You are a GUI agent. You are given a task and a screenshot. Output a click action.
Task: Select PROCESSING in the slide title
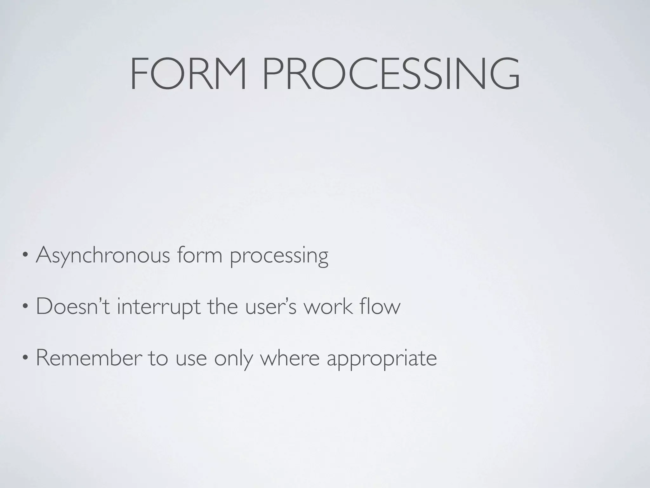click(391, 74)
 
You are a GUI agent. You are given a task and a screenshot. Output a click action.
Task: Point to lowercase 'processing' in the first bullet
click(279, 257)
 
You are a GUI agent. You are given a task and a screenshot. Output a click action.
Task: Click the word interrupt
click(159, 308)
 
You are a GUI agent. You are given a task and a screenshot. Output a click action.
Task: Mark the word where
click(289, 358)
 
